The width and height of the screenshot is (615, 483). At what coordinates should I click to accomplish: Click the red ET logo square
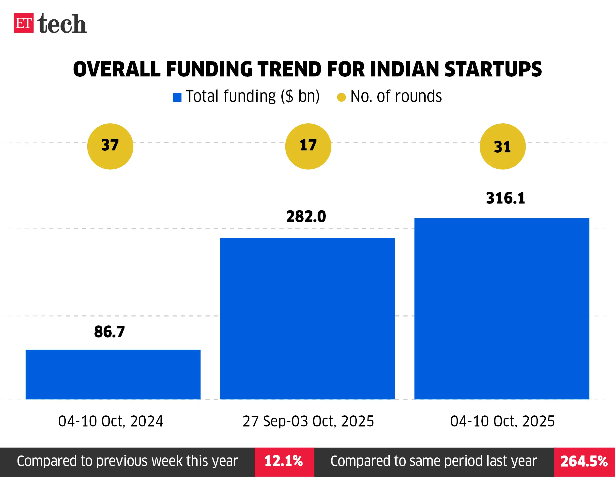coord(23,23)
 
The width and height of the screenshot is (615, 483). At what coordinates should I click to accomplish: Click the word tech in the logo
coord(62,24)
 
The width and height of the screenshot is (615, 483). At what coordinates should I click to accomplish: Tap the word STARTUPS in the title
coord(493,69)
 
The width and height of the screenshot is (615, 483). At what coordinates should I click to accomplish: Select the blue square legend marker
coord(177,97)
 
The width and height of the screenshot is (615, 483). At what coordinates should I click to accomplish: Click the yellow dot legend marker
coord(341,97)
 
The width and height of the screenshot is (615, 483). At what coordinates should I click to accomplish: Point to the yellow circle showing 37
coord(110,146)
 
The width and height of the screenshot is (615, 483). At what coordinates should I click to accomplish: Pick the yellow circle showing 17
coord(308,146)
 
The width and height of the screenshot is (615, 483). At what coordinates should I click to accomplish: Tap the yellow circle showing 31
coord(502,146)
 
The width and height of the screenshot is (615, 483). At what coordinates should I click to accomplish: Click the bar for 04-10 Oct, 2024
coord(113,374)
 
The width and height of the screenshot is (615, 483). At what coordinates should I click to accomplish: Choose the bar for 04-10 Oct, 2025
coord(502,308)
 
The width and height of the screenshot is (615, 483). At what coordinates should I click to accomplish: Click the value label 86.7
coord(109,332)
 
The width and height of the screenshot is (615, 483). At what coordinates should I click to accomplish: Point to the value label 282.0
coord(306,217)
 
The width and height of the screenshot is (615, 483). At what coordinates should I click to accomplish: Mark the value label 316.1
coord(506,198)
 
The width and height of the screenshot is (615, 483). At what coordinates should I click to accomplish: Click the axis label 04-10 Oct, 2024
coord(111,421)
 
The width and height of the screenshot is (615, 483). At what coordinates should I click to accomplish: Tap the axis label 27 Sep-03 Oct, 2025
coord(308,421)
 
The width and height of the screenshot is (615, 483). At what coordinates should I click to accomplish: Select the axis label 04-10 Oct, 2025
coord(502,421)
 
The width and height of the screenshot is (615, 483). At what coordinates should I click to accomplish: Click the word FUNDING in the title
coord(209,69)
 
